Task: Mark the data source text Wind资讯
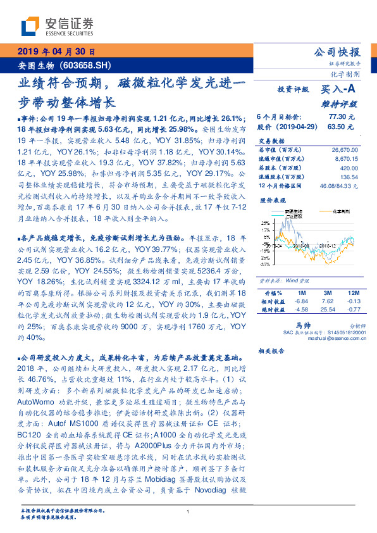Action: (292, 279)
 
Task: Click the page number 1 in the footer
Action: (188, 511)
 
